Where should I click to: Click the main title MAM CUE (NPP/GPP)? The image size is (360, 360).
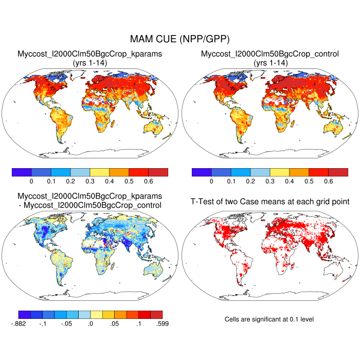180,39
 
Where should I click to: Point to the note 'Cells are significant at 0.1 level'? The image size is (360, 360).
269,319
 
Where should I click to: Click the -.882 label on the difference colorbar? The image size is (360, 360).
19,323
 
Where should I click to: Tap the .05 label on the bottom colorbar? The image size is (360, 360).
114,323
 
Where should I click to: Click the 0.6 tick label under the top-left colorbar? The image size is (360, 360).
148,182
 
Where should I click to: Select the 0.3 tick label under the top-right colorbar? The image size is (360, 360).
269,182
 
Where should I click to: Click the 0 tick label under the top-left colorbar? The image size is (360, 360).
31,182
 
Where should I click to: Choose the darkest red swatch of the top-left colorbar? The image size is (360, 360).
158,172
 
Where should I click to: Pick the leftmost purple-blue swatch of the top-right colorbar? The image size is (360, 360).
201,172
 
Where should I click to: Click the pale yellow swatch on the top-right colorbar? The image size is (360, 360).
279,172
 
